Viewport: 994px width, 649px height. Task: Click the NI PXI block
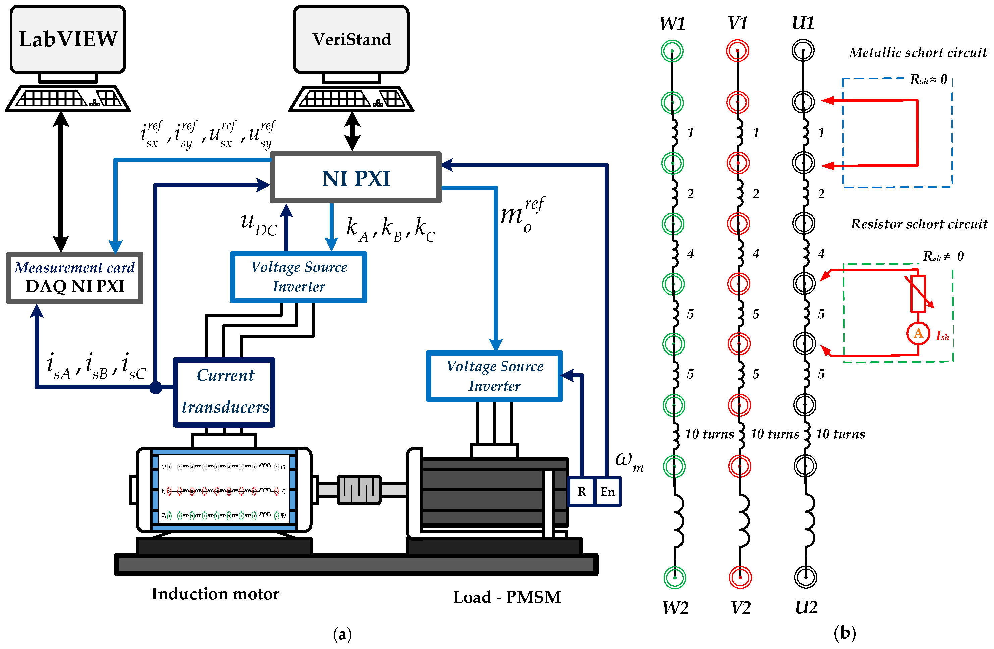pos(355,177)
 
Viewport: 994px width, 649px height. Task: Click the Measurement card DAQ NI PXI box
pos(75,277)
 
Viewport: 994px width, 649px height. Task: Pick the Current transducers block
pos(224,392)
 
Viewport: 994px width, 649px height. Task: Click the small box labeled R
pos(582,492)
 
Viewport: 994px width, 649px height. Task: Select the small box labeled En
pos(607,492)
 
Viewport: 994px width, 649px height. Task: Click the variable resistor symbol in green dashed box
pos(918,293)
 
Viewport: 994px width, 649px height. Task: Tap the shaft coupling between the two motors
pos(359,489)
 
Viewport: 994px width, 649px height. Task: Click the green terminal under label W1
pos(672,51)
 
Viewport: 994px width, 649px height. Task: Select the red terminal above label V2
pos(740,577)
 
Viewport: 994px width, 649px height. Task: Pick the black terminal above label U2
pos(805,577)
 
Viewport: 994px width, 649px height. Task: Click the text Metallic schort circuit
pos(918,53)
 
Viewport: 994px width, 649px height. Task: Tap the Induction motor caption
pos(215,593)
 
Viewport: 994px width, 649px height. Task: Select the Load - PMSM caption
pos(507,597)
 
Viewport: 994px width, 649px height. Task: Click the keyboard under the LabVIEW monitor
pos(68,99)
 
